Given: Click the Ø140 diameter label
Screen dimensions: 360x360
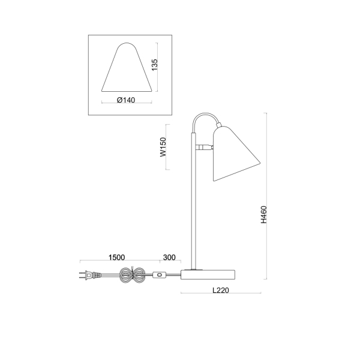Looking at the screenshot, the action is point(126,100).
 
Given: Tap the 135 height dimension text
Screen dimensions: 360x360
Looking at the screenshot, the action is point(155,65).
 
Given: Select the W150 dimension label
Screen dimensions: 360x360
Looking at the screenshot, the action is point(163,147).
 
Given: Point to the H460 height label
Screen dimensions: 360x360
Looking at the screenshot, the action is point(264,215).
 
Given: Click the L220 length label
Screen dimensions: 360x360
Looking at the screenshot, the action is point(221,290).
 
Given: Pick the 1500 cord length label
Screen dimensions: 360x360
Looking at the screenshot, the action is point(116,257).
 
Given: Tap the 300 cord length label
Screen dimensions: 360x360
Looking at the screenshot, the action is point(169,257).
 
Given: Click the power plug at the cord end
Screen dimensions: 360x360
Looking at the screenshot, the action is point(90,275).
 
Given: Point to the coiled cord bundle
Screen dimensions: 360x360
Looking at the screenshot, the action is point(132,275).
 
